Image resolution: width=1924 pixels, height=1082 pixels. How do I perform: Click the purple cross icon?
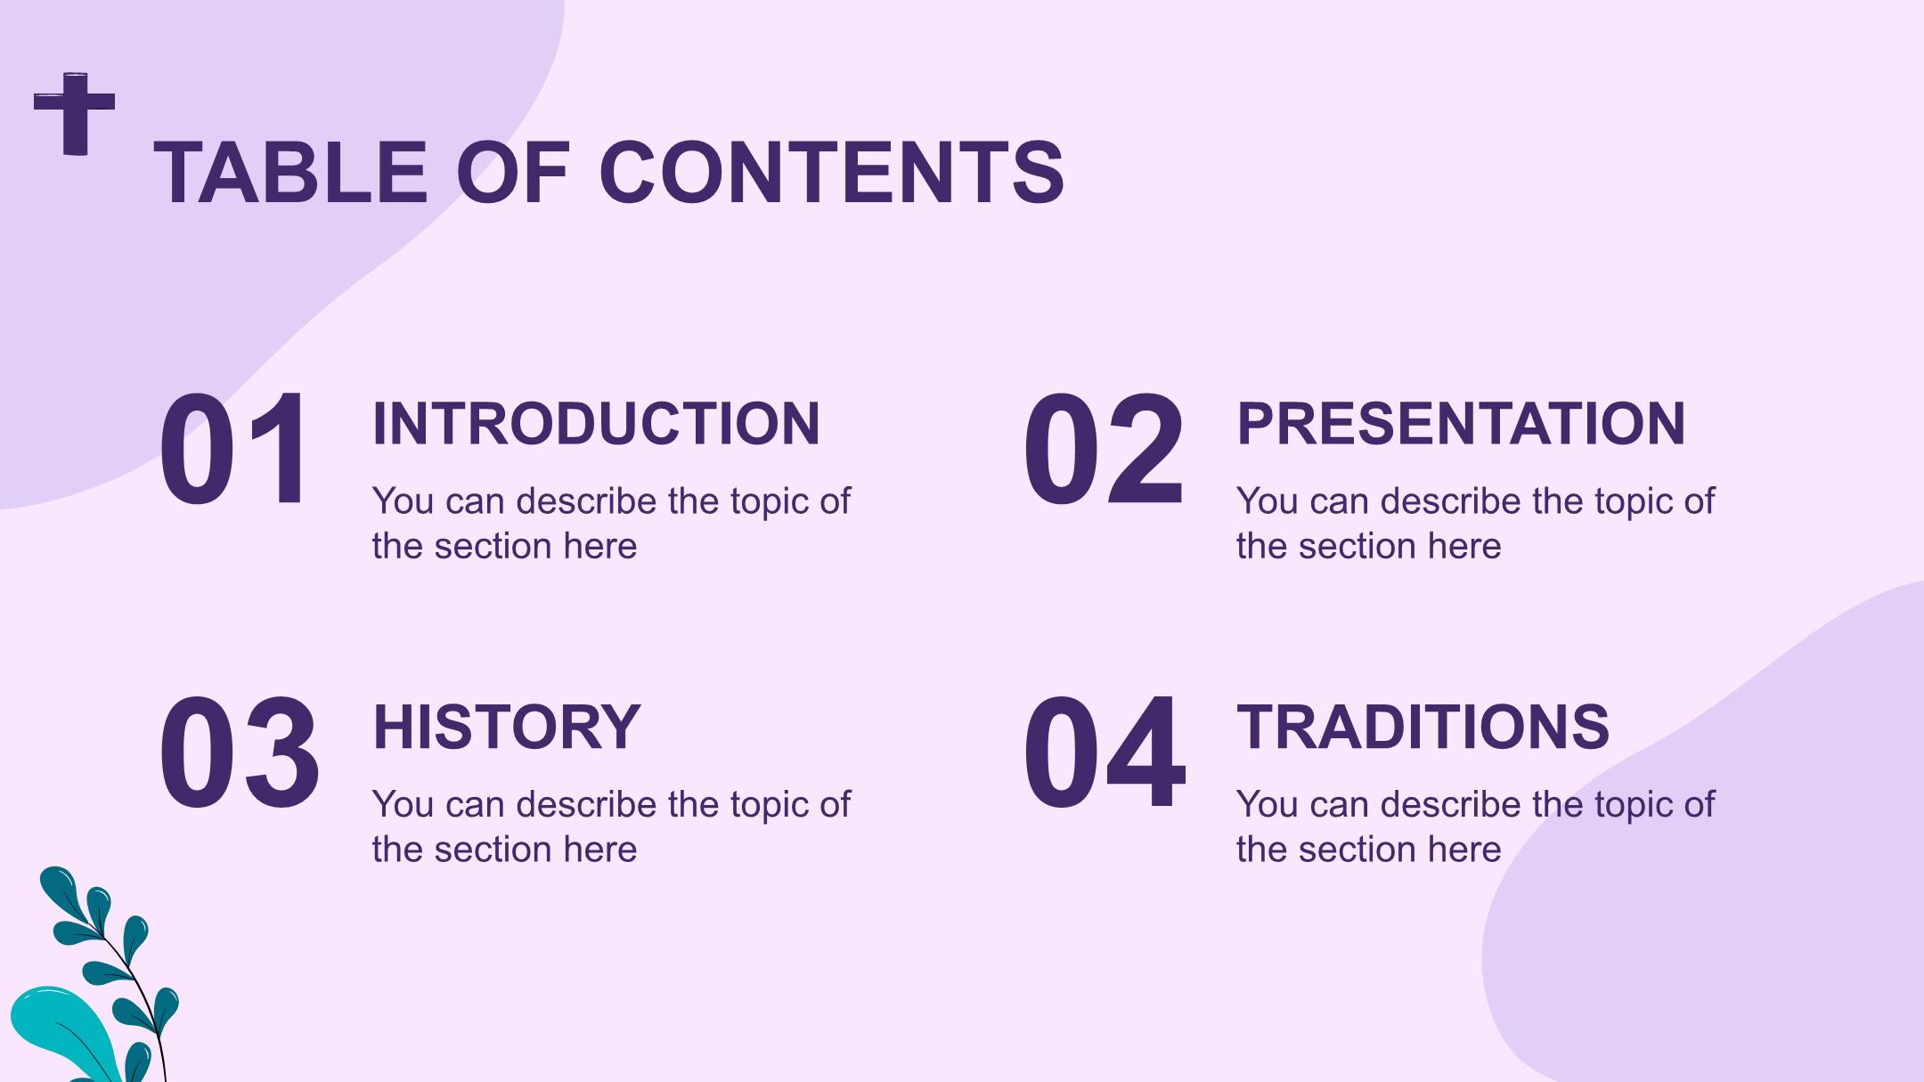(x=75, y=113)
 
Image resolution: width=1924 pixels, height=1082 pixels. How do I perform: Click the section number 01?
(x=235, y=451)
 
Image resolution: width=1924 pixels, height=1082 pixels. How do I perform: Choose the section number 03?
(x=240, y=753)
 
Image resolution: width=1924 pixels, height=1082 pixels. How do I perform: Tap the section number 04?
(x=1105, y=753)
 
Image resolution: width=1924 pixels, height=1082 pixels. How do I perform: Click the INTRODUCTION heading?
(x=596, y=424)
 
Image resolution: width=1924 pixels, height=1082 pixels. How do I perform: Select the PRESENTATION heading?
(x=1461, y=424)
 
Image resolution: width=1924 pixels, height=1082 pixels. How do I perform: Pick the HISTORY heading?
(x=507, y=727)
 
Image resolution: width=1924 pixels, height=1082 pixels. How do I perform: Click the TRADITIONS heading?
(x=1423, y=727)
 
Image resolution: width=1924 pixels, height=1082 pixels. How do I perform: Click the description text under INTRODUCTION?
(x=611, y=524)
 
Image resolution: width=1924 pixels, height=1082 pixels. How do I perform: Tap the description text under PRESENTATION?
(x=1475, y=524)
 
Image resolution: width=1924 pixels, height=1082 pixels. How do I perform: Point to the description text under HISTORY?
(x=611, y=826)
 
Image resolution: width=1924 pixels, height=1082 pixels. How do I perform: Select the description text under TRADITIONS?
(x=1475, y=826)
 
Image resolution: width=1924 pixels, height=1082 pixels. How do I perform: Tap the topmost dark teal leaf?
(x=62, y=887)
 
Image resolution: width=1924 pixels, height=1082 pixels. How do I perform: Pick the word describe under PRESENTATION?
(x=1451, y=501)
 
